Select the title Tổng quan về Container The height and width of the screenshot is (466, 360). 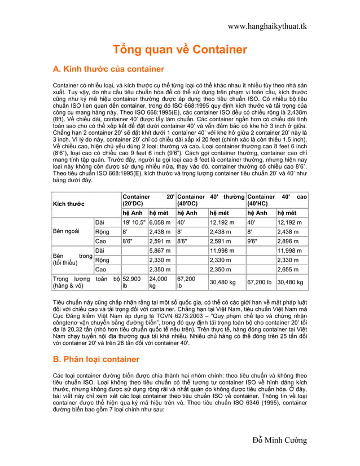[x=181, y=50]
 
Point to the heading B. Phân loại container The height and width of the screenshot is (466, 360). [x=96, y=359]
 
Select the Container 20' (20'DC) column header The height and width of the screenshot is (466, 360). [x=147, y=200]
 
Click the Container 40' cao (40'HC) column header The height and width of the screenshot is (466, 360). [x=276, y=200]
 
